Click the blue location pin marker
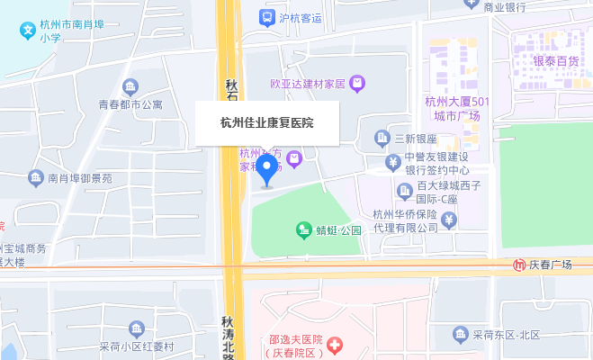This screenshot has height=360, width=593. (x=266, y=170)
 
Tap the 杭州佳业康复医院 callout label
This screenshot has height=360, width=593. (x=267, y=122)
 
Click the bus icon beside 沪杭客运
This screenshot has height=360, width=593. (x=265, y=17)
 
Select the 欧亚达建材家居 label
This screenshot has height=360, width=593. (x=308, y=84)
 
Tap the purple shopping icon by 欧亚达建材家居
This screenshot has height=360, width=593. (x=357, y=84)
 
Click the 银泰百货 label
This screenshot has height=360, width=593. (x=555, y=61)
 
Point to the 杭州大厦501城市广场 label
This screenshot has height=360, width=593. (x=456, y=109)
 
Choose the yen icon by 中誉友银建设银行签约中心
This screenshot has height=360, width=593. (x=393, y=163)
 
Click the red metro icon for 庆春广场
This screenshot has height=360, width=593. (x=520, y=265)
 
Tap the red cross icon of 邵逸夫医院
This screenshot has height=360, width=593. (x=335, y=345)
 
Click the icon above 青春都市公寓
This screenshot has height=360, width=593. (x=130, y=86)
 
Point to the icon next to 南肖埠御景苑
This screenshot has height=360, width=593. (x=36, y=178)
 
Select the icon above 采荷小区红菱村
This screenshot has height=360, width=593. (x=137, y=328)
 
